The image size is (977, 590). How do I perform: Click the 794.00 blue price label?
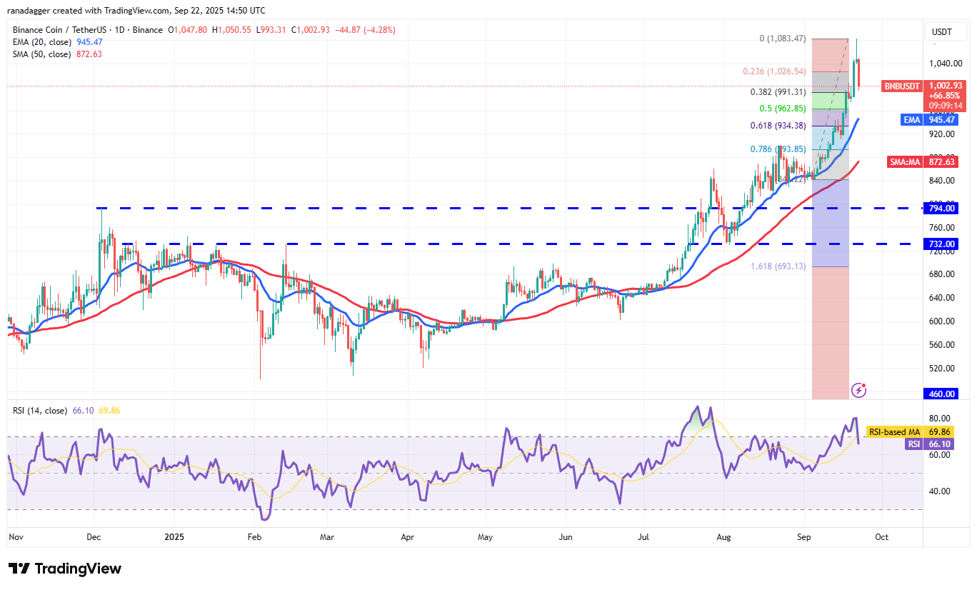coord(942,209)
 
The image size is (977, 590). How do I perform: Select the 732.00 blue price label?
coord(942,244)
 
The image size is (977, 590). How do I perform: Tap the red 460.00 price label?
coord(942,394)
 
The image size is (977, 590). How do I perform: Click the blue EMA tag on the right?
coord(912,120)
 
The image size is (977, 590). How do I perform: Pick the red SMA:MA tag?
coord(905,162)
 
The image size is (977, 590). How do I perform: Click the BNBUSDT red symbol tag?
coord(901,85)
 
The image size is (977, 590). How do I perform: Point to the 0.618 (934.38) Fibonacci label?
coord(778,126)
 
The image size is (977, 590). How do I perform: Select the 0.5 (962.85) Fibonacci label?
coord(781,109)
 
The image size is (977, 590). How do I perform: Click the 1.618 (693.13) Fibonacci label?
coord(778,266)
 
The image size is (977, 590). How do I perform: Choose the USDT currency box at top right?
coord(942,32)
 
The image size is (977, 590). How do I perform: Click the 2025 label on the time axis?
coord(174,536)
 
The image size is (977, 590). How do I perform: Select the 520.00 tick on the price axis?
coord(942,368)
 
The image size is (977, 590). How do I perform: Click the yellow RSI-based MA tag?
coord(893,431)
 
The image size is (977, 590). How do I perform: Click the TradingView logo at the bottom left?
coord(65,569)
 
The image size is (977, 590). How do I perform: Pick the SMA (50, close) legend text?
coord(41,54)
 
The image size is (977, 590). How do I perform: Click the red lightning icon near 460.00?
coord(859,390)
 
